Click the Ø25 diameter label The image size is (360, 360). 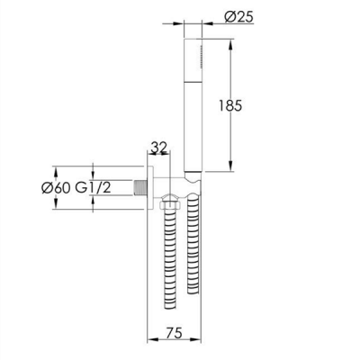coord(239,16)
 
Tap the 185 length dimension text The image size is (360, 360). coord(230,105)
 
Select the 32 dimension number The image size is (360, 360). coord(158,148)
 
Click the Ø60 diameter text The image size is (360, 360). coord(56,188)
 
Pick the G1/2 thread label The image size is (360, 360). coord(93,188)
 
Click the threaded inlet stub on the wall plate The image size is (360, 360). coord(139,188)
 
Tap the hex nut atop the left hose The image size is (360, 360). coord(170,205)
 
